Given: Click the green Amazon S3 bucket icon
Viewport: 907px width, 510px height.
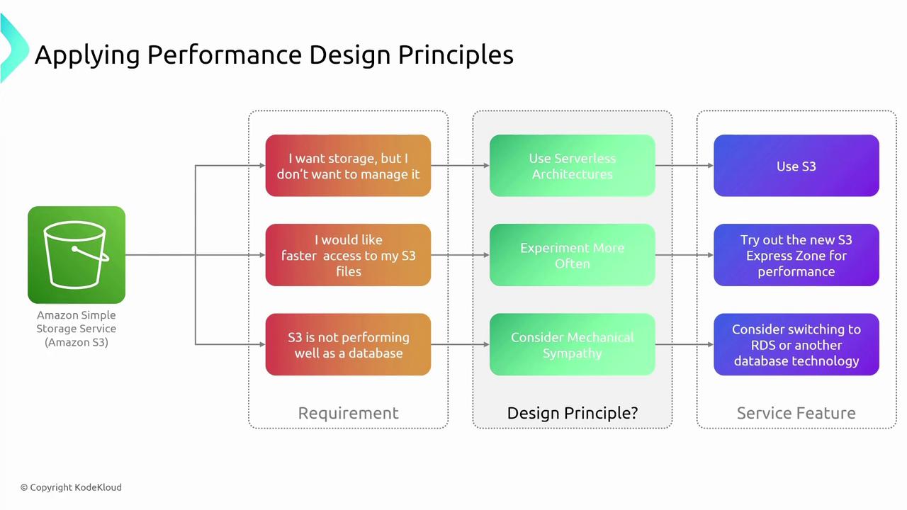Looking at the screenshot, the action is (x=77, y=254).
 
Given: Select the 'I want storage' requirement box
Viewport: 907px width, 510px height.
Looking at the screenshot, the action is (x=348, y=166).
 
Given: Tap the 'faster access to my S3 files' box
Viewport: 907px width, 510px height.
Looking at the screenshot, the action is (x=348, y=255).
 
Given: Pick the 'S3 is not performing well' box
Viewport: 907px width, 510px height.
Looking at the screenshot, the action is (x=348, y=344).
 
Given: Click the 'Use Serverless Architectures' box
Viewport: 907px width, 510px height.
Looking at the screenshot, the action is (x=572, y=166).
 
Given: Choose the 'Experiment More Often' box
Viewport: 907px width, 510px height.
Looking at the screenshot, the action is (x=572, y=255).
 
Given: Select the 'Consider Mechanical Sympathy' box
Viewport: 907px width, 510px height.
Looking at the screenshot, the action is (x=572, y=344).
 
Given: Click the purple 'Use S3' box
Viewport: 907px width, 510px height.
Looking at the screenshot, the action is (x=796, y=166).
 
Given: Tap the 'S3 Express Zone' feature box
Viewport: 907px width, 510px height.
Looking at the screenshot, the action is (x=796, y=255).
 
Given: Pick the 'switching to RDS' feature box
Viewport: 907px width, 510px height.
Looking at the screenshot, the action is (x=796, y=344).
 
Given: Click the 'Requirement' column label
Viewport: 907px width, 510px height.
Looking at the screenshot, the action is (x=348, y=413).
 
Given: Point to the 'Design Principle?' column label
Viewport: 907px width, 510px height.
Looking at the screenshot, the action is (x=572, y=413).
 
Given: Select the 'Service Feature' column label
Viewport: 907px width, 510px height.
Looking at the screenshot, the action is (x=796, y=413).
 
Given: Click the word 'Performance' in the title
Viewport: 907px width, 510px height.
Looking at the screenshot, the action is (x=225, y=55).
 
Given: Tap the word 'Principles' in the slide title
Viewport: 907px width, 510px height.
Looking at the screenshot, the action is (x=456, y=55).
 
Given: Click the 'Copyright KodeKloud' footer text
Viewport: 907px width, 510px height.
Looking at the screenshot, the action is (x=71, y=487).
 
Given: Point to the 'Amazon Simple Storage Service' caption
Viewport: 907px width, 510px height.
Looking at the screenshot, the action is (x=76, y=329).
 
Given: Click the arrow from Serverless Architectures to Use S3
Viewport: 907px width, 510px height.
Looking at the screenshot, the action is (x=685, y=166).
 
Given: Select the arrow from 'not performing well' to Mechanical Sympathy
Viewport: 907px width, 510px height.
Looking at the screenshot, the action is (x=461, y=344).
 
